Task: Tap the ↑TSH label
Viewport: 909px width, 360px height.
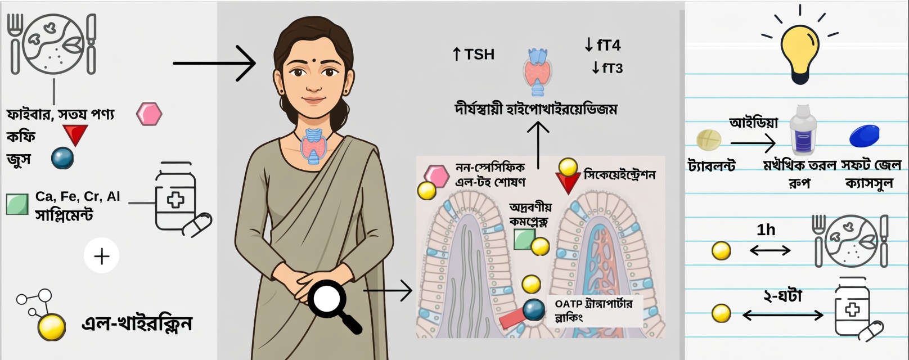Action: (474, 55)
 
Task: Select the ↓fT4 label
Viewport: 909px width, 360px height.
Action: (602, 44)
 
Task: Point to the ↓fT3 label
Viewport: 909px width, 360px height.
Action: (607, 68)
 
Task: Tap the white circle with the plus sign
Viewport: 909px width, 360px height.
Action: (102, 256)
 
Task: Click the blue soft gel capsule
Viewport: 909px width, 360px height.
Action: (864, 136)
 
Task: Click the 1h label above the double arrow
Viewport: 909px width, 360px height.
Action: (766, 230)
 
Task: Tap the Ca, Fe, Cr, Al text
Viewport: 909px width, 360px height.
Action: (78, 196)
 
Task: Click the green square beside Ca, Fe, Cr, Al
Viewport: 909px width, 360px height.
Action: (17, 204)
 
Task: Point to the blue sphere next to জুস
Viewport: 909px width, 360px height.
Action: (62, 158)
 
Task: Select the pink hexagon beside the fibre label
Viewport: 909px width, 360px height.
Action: (149, 114)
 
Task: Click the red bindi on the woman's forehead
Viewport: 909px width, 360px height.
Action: (310, 58)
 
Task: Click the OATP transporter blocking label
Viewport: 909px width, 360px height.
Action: (593, 310)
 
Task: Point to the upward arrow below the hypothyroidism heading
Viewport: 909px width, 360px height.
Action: (538, 144)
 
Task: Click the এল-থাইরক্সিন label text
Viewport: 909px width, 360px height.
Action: (137, 324)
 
